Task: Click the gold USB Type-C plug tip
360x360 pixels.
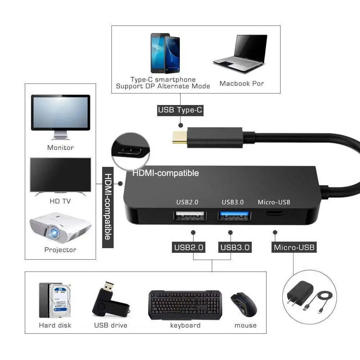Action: [178, 137]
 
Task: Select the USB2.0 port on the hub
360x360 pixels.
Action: [190, 216]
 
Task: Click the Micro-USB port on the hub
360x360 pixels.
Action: [274, 213]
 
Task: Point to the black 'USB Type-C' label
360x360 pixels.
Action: [180, 110]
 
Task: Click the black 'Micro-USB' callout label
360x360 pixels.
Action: [294, 247]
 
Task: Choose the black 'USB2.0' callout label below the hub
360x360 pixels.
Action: [189, 247]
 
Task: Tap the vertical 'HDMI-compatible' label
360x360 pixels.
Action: [108, 208]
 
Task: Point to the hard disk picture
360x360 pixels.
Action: [55, 300]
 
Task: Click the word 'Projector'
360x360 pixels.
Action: [60, 250]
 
